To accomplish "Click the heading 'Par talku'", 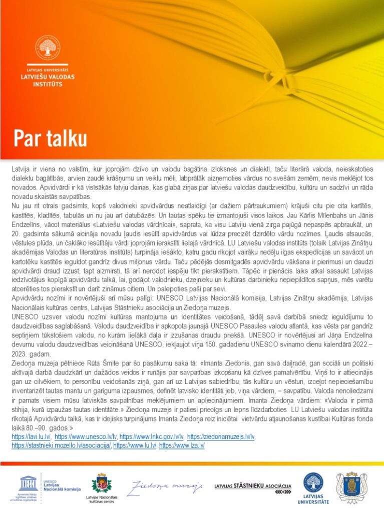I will [x=50, y=137].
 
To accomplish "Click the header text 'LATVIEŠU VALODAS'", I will [x=48, y=77].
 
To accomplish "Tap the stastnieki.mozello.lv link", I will [x=61, y=445].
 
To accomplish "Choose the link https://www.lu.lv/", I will [x=135, y=445].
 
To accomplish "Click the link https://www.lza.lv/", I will [x=182, y=445].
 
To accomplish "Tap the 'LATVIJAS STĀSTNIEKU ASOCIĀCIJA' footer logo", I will [x=252, y=486].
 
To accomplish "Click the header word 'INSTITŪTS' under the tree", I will [x=48, y=84].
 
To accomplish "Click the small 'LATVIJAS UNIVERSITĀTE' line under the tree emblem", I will [x=48, y=70].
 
